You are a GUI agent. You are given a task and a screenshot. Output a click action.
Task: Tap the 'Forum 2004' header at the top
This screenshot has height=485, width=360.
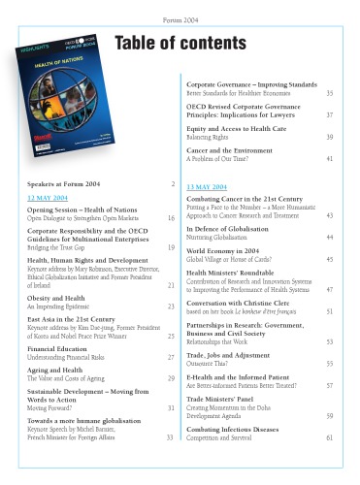point(180,19)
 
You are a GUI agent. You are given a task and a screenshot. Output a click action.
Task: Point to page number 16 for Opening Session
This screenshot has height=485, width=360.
point(171,218)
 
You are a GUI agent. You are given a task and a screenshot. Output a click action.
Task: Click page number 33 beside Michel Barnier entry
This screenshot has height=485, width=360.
point(171,438)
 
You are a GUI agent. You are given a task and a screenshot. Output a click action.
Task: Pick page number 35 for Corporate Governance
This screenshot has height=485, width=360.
point(330,93)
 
